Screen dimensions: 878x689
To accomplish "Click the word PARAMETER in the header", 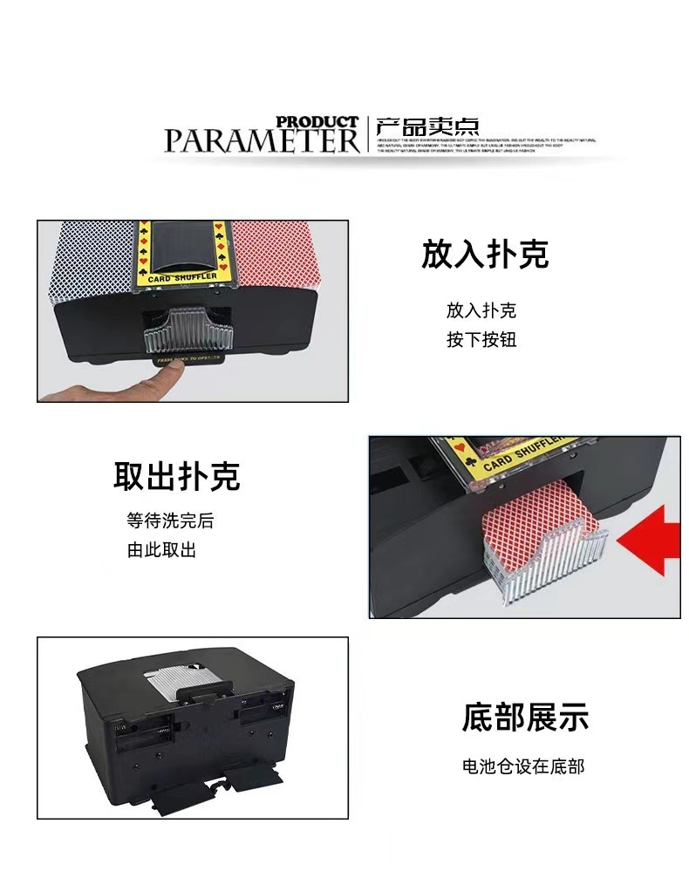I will pyautogui.click(x=262, y=140).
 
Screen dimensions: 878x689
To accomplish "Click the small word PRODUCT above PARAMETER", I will pyautogui.click(x=317, y=122).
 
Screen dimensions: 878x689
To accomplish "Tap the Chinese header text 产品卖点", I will pyautogui.click(x=427, y=126).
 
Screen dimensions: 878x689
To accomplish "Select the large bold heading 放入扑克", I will pyautogui.click(x=485, y=255).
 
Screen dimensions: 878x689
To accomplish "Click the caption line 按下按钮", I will pyautogui.click(x=481, y=339).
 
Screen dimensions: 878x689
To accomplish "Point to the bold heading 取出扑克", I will pyautogui.click(x=176, y=476).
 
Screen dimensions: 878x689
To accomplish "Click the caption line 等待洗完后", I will pyautogui.click(x=170, y=521).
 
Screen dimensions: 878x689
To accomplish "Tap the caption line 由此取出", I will pyautogui.click(x=161, y=550).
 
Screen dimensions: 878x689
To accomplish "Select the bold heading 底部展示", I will pyautogui.click(x=525, y=717).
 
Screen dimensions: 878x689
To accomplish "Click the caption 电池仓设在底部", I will pyautogui.click(x=523, y=766).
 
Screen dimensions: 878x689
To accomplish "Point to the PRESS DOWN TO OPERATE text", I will pyautogui.click(x=189, y=357).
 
